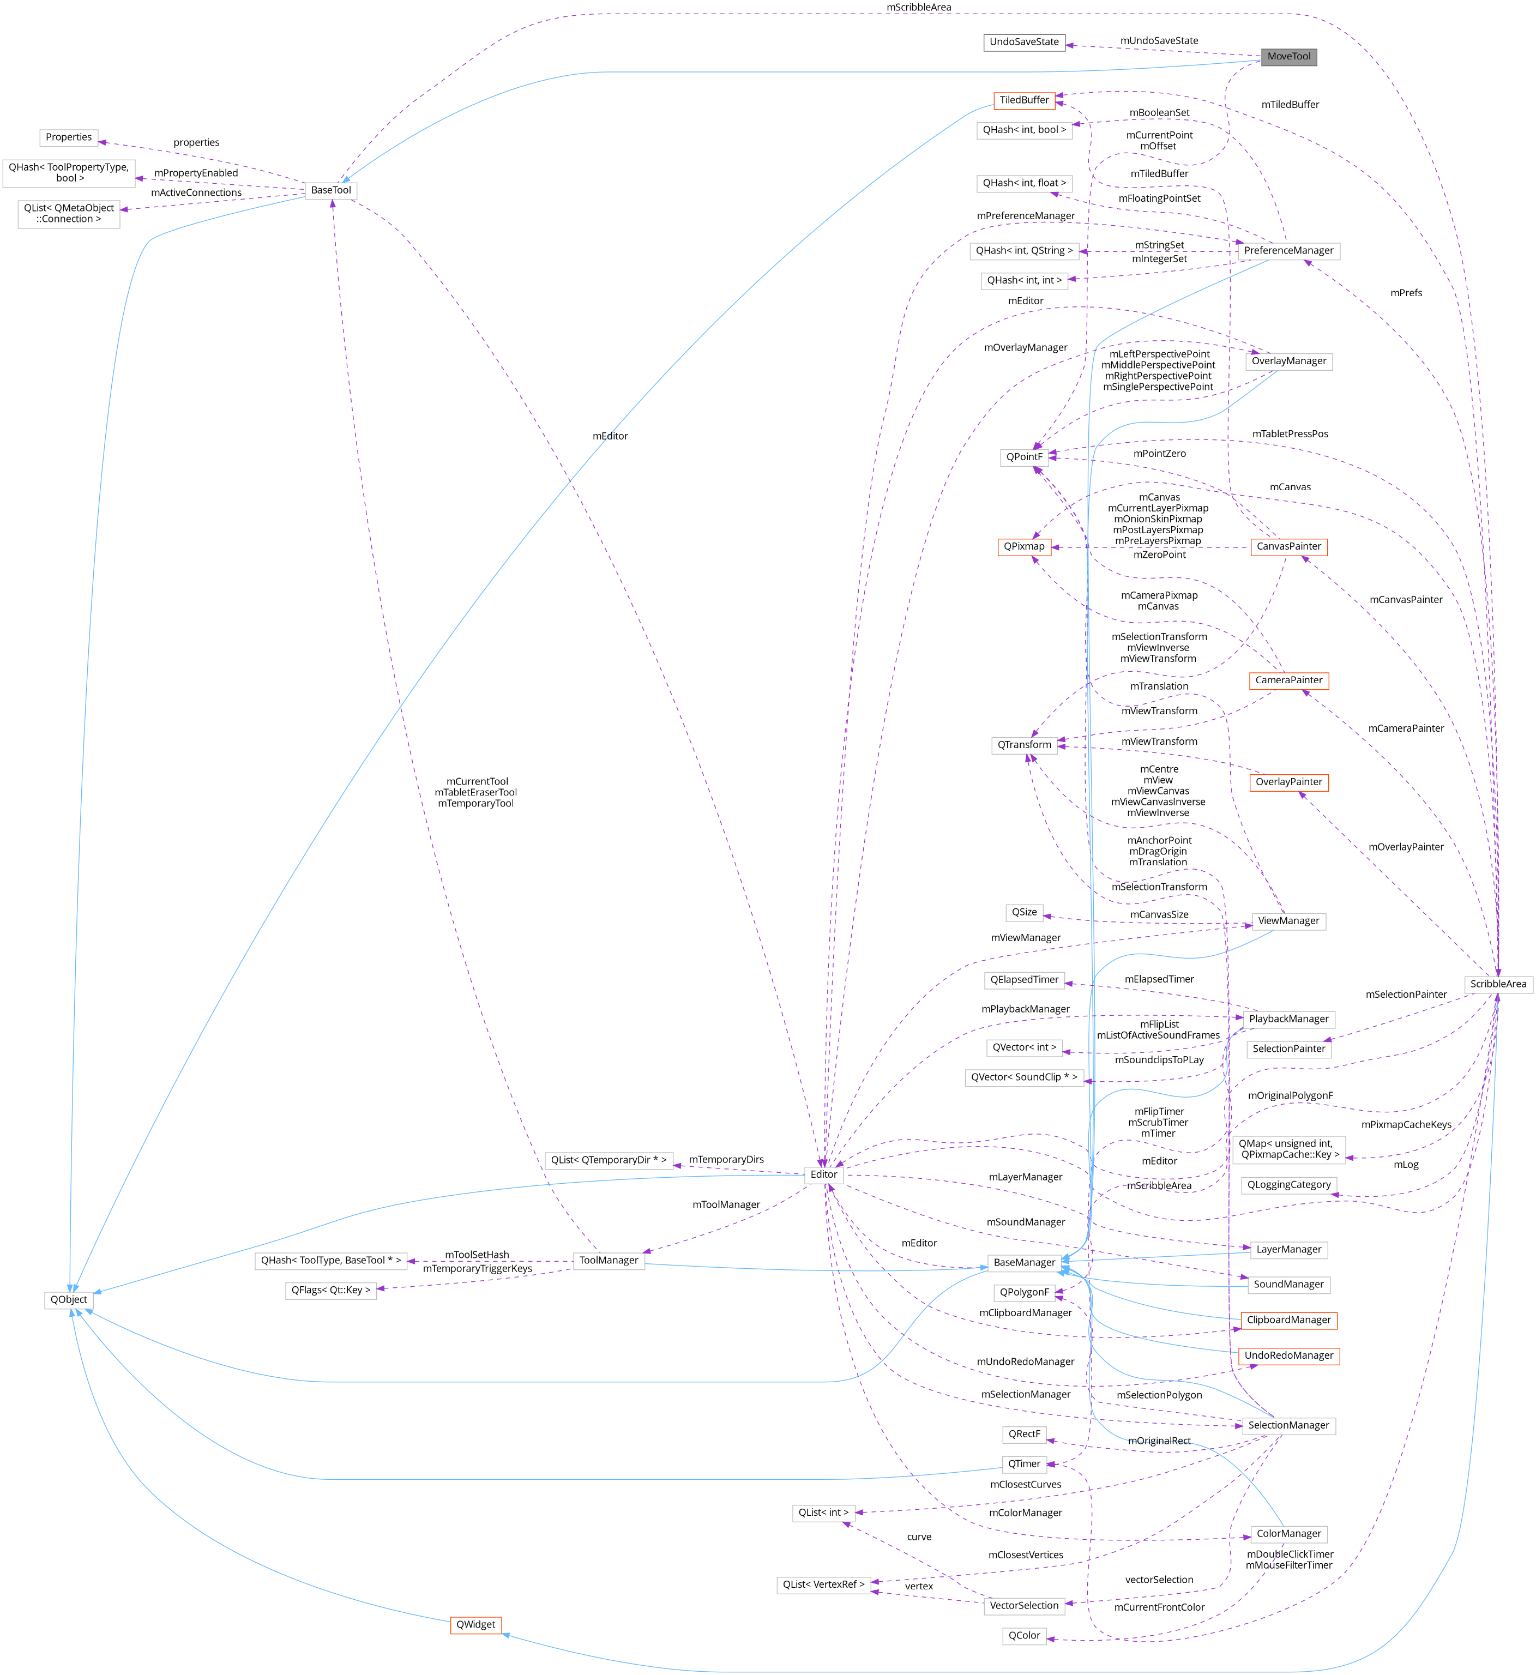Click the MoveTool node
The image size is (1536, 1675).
(x=1288, y=57)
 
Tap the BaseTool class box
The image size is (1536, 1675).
(x=331, y=190)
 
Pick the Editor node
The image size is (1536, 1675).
(x=824, y=1174)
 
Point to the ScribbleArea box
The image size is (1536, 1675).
(x=1498, y=984)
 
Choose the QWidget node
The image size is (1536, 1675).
(x=475, y=1624)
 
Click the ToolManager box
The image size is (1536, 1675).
(x=609, y=1260)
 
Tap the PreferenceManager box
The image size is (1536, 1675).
(x=1288, y=251)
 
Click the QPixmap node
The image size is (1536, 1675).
(x=1024, y=547)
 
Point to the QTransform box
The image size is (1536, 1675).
(x=1024, y=745)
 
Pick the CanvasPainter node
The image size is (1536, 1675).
(x=1288, y=547)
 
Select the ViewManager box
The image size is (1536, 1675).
(x=1288, y=921)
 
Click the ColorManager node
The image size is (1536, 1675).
(x=1288, y=1534)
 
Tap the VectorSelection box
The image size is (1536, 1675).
(x=1024, y=1605)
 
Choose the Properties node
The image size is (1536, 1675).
(x=69, y=137)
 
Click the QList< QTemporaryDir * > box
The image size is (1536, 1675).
(x=609, y=1160)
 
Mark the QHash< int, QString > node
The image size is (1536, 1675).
(x=1024, y=251)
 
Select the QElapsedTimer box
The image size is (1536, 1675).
(x=1024, y=980)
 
